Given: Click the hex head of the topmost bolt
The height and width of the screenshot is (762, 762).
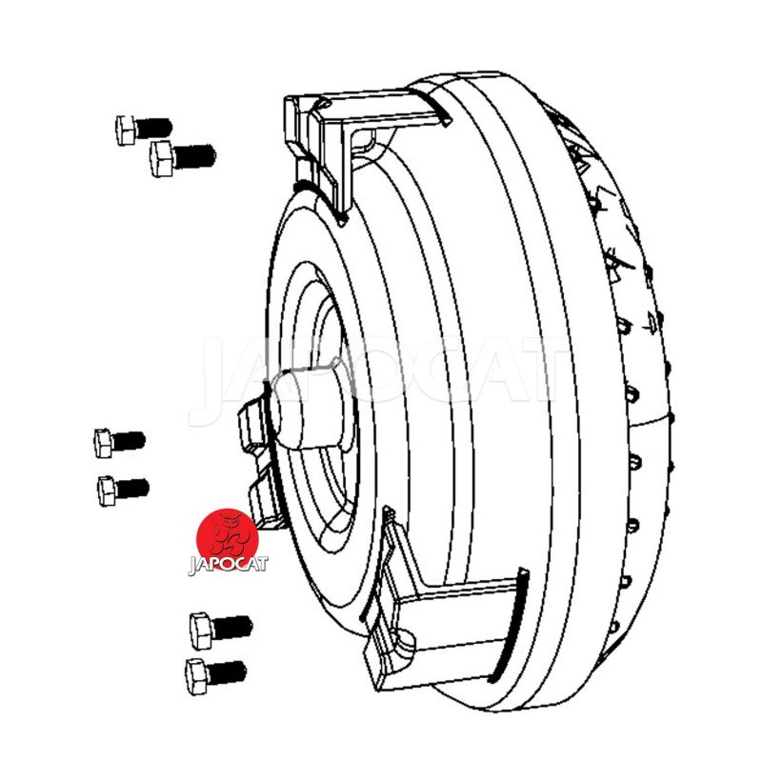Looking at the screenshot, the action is coord(126,130).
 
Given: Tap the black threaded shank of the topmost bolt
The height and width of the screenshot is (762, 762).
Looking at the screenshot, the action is coord(153,128).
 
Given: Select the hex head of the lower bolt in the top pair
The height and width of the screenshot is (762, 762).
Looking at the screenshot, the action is coord(162,158).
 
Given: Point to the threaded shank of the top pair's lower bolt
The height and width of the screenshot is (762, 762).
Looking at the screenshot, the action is coord(194,156).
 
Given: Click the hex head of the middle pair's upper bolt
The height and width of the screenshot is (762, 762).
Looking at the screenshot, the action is coord(104,443).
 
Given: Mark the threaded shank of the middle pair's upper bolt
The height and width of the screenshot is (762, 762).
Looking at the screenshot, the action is coord(129,441).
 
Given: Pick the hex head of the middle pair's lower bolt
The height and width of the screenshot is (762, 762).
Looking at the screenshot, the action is coord(107,491).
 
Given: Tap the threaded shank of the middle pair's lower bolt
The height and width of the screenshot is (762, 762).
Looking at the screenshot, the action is coord(132,489).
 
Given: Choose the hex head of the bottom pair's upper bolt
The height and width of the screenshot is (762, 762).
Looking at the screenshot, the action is coord(201,631).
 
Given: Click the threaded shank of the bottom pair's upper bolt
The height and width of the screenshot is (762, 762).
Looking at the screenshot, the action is coord(232,628).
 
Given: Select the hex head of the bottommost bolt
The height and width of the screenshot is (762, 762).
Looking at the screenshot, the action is coord(196,676).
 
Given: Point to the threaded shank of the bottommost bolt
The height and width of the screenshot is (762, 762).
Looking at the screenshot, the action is coord(227,672).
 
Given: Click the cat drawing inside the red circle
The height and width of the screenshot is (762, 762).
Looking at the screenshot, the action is coord(228,535).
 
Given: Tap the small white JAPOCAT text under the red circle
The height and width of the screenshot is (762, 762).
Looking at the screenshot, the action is coord(228,565).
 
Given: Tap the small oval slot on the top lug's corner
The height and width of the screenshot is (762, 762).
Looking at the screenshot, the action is coord(324,103).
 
